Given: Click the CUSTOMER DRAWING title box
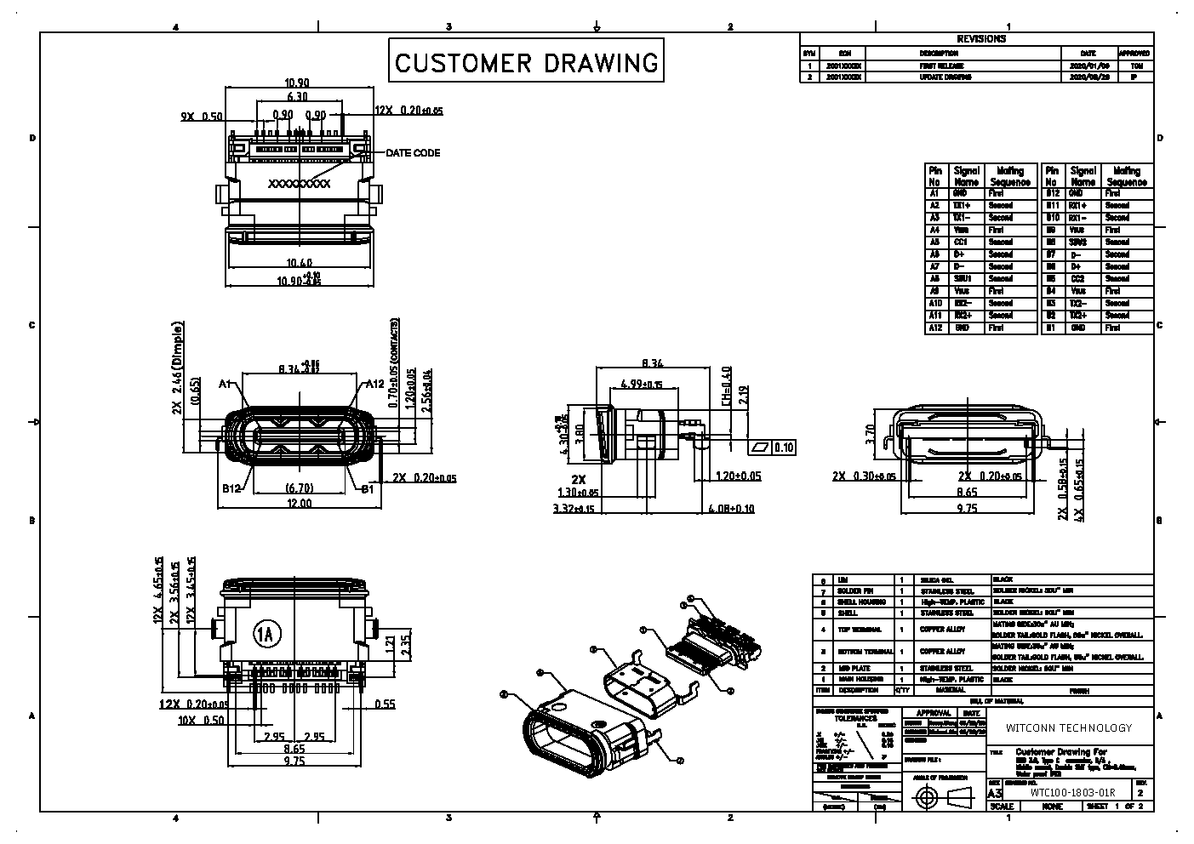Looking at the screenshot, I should (526, 61).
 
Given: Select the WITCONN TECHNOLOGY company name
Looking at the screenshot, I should (1069, 727).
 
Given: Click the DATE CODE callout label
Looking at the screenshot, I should (413, 153).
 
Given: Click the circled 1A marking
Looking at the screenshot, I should (266, 633).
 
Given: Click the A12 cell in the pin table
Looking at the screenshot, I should (935, 328).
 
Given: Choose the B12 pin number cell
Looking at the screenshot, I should (1052, 193).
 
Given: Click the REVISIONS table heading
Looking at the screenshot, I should (981, 39).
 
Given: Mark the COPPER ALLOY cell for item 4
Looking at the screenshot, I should (942, 630).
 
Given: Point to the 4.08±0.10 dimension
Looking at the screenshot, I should (731, 509).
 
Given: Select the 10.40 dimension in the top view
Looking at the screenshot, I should (300, 262).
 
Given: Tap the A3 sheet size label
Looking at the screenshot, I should (995, 792).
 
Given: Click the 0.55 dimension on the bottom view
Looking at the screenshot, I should (385, 704).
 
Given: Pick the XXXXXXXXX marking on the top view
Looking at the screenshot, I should (299, 184).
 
